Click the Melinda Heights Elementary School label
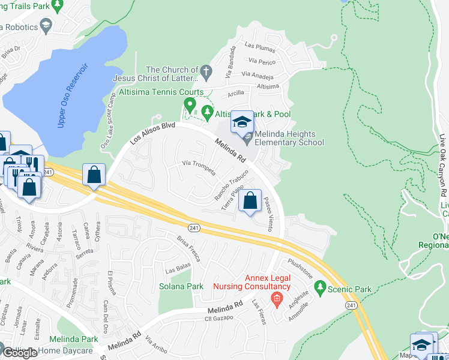289,138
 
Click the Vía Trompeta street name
199,167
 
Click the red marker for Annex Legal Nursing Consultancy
277,299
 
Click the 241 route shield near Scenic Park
351,305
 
